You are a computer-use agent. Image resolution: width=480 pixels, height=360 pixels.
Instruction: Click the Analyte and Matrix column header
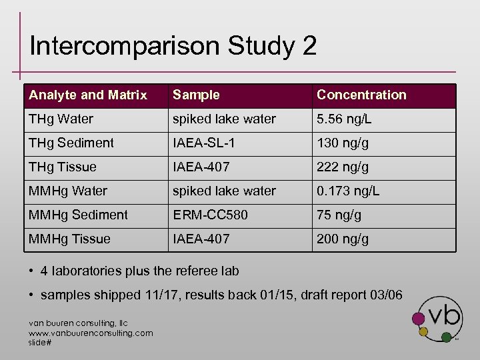(88, 95)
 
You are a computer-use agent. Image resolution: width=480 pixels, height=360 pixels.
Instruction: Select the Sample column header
(196, 95)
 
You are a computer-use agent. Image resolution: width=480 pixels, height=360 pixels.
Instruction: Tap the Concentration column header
(361, 95)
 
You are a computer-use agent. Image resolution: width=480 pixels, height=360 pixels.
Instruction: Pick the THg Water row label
(61, 119)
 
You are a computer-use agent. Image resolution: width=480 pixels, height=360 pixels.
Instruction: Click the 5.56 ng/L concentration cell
(344, 119)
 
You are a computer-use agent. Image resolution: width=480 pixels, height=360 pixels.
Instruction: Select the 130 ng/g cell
(343, 143)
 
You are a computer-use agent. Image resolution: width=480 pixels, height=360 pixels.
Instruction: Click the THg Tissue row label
(63, 167)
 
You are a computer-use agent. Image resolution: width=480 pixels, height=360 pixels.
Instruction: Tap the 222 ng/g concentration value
(343, 167)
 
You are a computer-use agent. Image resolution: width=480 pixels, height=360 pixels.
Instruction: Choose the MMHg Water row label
(67, 191)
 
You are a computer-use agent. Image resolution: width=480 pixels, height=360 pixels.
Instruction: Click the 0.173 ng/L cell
(348, 191)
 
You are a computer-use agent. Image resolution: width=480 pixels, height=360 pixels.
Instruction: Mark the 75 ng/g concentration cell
(339, 215)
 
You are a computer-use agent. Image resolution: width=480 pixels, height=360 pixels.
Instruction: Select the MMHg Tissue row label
(69, 239)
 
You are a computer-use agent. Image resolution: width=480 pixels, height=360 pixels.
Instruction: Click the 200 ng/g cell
(343, 239)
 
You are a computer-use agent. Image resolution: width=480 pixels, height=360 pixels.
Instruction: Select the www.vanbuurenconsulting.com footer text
(91, 333)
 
